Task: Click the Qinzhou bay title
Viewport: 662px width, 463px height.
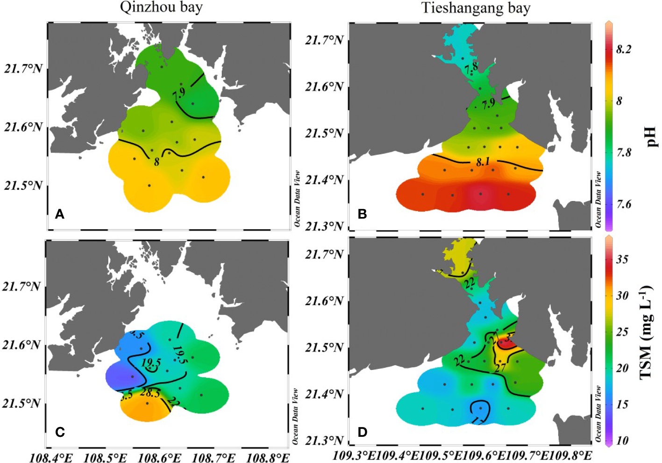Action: tap(161, 7)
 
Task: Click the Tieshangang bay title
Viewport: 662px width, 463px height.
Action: tap(476, 8)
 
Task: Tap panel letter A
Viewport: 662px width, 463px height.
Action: tap(59, 214)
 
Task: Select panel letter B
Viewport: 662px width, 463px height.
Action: tap(362, 214)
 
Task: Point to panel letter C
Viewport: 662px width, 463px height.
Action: tap(60, 432)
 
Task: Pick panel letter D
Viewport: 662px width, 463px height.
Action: tap(362, 432)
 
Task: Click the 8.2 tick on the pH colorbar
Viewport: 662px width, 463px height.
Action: tap(624, 50)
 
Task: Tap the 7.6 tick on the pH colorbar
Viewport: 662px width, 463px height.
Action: tap(624, 204)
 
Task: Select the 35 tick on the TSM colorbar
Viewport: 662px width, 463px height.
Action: tap(622, 259)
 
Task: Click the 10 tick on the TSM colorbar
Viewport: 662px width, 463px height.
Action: tap(622, 441)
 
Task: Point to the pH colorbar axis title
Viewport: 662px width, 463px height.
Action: tap(651, 138)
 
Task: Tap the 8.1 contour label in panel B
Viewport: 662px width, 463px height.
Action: tap(483, 162)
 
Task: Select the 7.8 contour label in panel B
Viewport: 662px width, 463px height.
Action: tap(471, 68)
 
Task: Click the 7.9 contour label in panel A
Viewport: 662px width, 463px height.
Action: tap(178, 94)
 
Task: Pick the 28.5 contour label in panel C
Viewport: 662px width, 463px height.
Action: tap(150, 393)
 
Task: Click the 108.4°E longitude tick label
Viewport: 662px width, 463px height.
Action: tap(51, 457)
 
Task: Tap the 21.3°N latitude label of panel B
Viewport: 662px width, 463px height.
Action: tap(324, 226)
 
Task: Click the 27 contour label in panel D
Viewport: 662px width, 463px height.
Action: tap(500, 368)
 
